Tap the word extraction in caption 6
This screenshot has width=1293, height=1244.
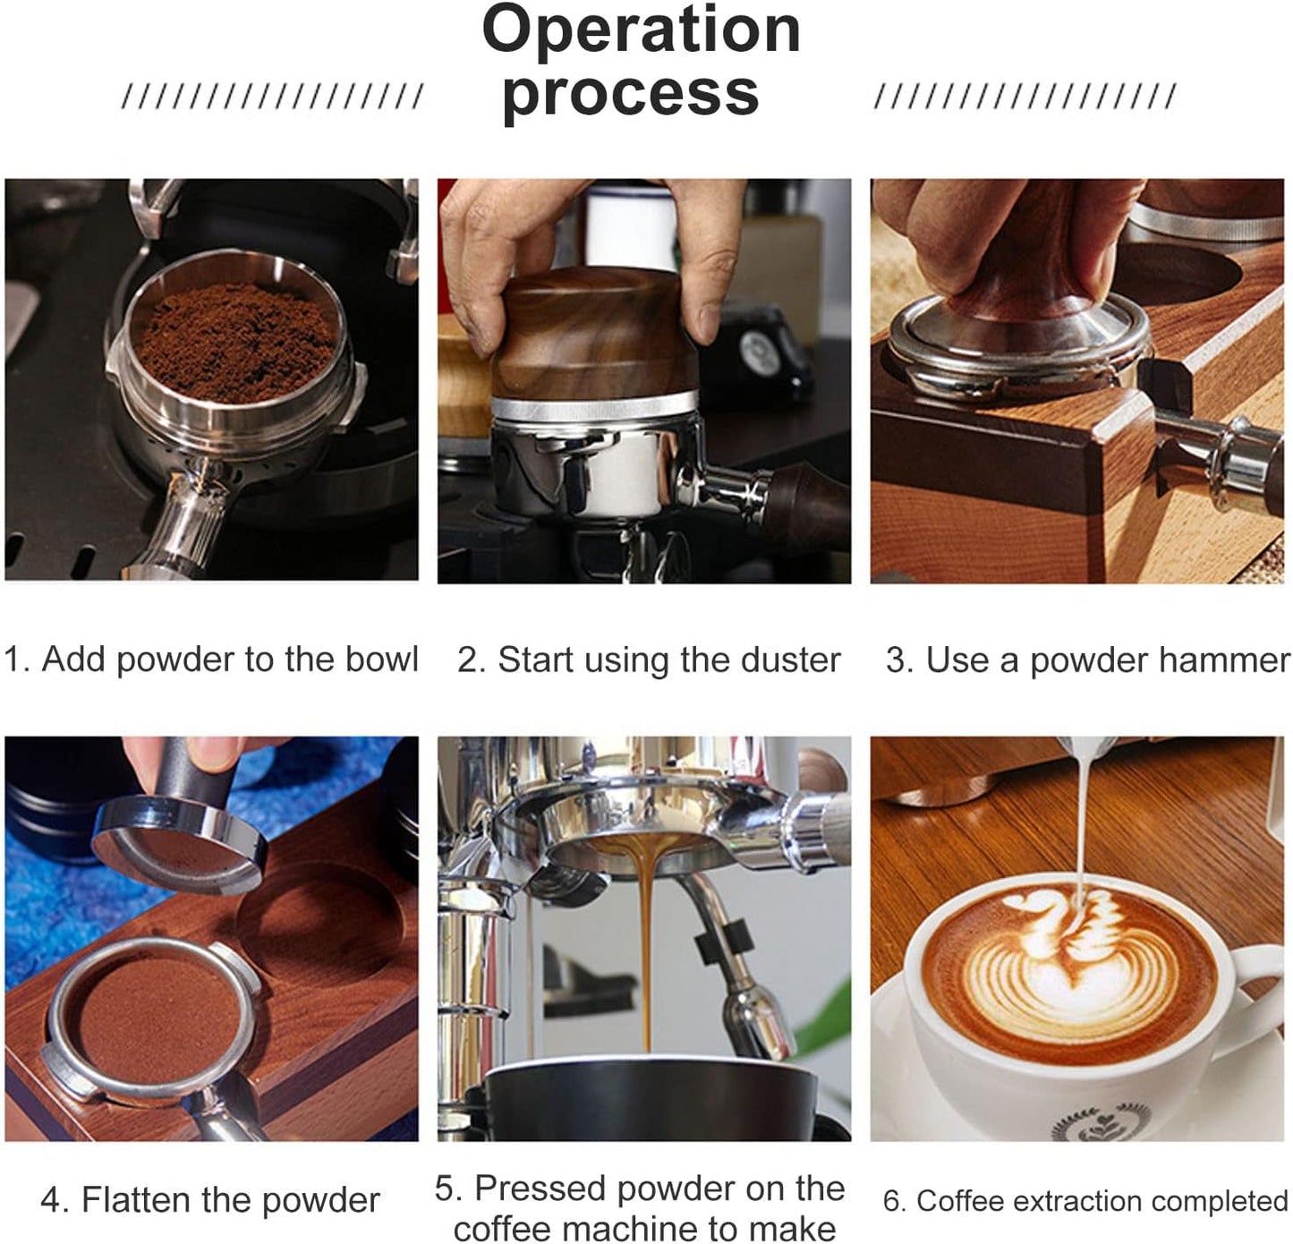click(1055, 1201)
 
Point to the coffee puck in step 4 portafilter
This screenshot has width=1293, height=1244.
click(148, 1020)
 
